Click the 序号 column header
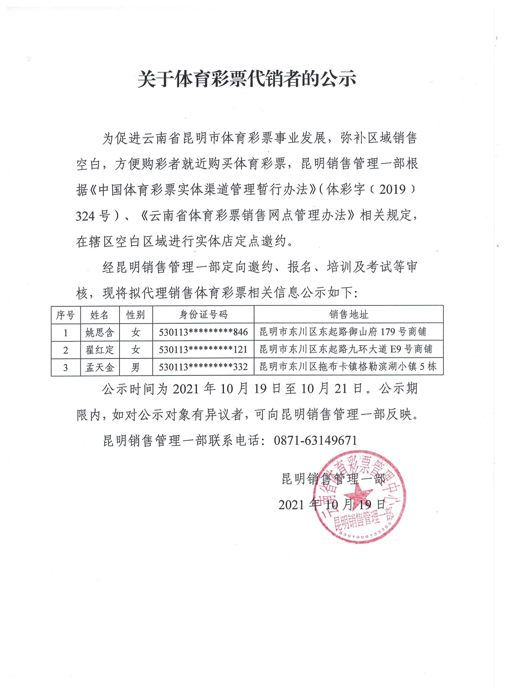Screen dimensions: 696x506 [65, 315]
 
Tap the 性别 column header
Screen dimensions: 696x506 [135, 315]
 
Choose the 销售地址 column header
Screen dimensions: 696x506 [349, 315]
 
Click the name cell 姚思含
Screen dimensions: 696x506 [100, 332]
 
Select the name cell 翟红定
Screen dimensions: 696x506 [100, 349]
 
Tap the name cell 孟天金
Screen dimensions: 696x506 [100, 367]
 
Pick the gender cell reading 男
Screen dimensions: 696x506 [135, 367]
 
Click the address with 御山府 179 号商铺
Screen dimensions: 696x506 [343, 332]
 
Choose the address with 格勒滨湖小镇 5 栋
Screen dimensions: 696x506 [348, 367]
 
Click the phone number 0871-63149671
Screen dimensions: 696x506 [316, 441]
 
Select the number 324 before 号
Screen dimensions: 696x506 [85, 216]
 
